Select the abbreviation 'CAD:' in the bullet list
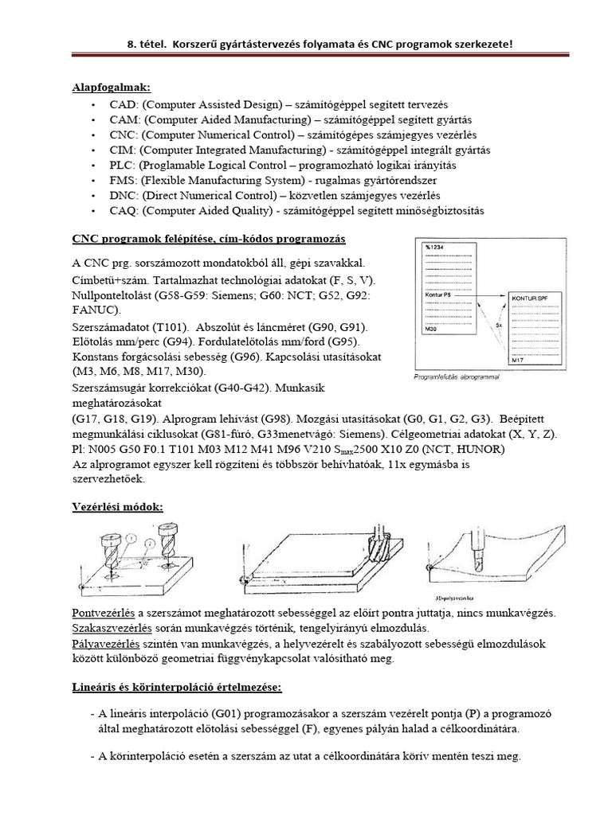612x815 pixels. [x=120, y=104]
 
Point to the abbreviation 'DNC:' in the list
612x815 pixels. [x=121, y=195]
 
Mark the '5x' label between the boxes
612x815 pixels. [x=497, y=326]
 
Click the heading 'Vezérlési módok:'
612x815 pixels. [x=117, y=507]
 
